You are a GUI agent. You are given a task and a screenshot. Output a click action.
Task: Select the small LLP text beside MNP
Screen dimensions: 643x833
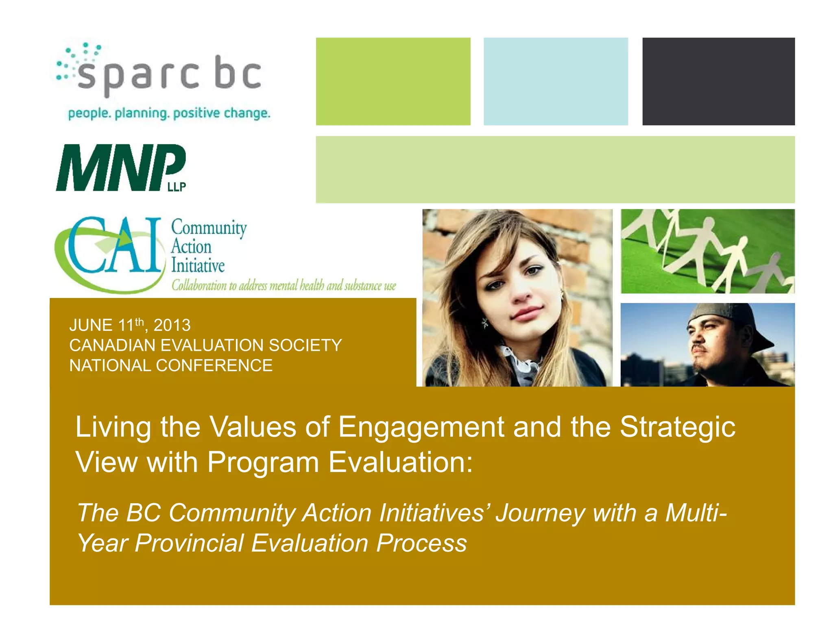point(177,187)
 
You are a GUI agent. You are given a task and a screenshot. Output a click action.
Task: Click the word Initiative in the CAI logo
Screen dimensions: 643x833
point(198,266)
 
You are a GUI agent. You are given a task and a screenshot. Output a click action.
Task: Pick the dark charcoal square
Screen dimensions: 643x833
point(718,81)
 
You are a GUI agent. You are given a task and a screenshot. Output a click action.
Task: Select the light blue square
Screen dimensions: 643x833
point(556,81)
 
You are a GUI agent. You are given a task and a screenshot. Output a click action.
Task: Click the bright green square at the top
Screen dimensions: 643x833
point(393,81)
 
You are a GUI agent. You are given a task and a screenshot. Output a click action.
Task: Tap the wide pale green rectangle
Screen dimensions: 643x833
point(555,169)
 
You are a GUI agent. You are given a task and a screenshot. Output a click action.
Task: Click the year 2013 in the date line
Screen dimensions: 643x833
point(172,326)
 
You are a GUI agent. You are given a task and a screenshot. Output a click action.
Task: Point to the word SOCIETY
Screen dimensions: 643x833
point(305,345)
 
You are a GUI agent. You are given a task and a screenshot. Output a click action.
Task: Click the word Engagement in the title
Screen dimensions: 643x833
point(421,428)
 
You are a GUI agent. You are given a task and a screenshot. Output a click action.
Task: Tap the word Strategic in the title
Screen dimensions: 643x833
point(677,428)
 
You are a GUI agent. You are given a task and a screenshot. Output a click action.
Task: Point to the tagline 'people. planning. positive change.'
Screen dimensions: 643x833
point(169,113)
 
